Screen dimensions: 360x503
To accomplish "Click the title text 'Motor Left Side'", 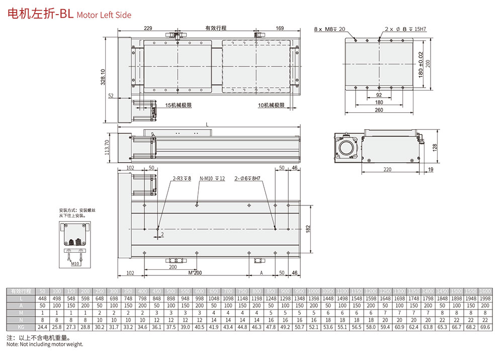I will (x=104, y=15).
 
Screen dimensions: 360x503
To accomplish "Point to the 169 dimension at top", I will (x=280, y=29).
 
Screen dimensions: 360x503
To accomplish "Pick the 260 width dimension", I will (x=378, y=110).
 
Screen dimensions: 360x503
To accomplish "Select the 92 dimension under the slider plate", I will (x=379, y=95).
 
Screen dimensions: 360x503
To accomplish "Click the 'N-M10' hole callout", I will (x=212, y=178).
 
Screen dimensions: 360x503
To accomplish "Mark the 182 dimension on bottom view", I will (x=308, y=229).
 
